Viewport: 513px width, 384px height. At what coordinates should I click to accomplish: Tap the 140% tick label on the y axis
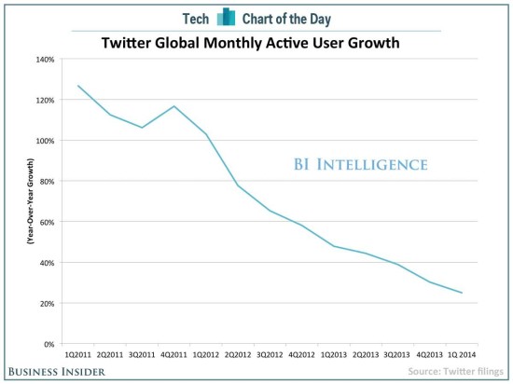tap(45, 59)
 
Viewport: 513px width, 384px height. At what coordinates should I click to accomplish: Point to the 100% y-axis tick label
tap(45, 141)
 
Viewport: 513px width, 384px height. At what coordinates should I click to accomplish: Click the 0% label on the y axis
tap(49, 344)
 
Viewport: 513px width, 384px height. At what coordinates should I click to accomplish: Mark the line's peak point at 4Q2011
tap(173, 106)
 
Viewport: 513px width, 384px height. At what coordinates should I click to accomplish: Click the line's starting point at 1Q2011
tap(76, 86)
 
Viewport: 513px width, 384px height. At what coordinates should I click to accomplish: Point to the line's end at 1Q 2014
tap(462, 293)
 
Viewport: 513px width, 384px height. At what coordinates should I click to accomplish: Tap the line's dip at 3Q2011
tap(141, 128)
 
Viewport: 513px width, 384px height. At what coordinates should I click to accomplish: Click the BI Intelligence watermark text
tap(354, 165)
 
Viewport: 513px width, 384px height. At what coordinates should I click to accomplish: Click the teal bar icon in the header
tap(224, 16)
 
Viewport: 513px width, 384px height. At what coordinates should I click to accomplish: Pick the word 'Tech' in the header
tap(195, 16)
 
